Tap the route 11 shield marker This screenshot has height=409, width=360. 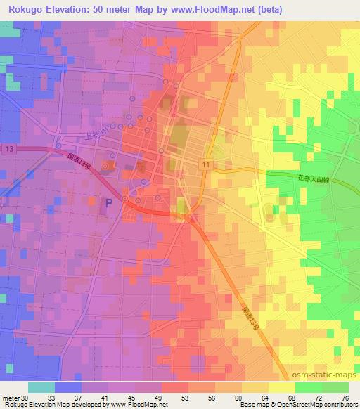(x=205, y=164)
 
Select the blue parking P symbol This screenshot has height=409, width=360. (x=108, y=203)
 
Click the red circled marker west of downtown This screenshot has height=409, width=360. (x=106, y=167)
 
